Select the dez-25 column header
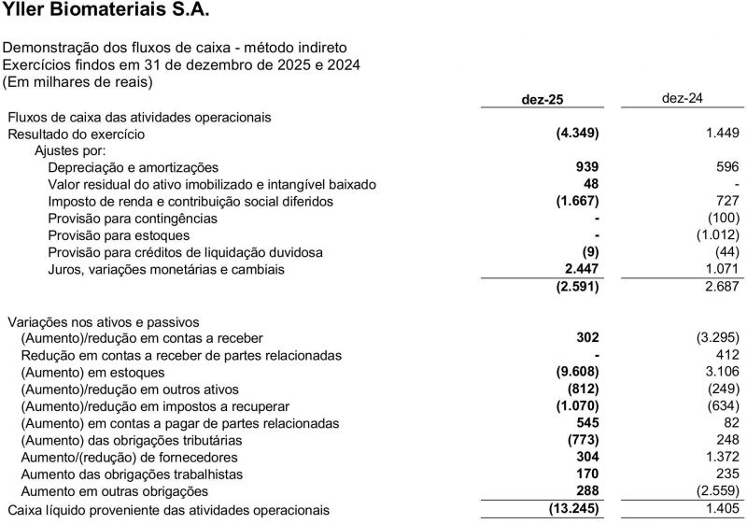[x=543, y=99]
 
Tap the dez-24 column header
[x=682, y=98]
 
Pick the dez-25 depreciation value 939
[x=586, y=167]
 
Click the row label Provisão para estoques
[x=119, y=235]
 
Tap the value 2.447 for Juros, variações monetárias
[x=581, y=269]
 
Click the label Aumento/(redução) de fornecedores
[x=129, y=458]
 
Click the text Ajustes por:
[x=70, y=150]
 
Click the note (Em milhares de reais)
[x=78, y=81]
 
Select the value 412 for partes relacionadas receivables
[x=726, y=355]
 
